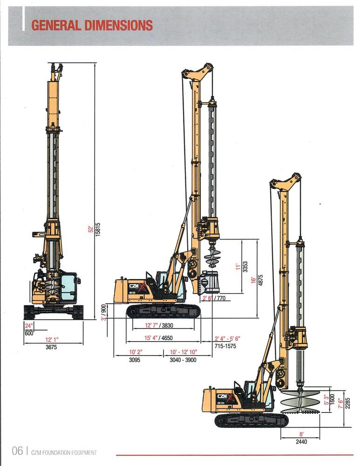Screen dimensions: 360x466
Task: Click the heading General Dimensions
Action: point(92,25)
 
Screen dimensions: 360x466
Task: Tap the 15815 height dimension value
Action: point(98,229)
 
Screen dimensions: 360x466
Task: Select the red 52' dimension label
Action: point(91,229)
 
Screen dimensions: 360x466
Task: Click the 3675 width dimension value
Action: point(51,347)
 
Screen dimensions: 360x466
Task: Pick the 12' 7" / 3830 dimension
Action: point(159,325)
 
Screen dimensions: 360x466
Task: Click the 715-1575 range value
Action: point(225,346)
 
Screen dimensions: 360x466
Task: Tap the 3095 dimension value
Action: point(135,360)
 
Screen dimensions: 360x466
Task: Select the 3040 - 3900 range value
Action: point(183,360)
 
